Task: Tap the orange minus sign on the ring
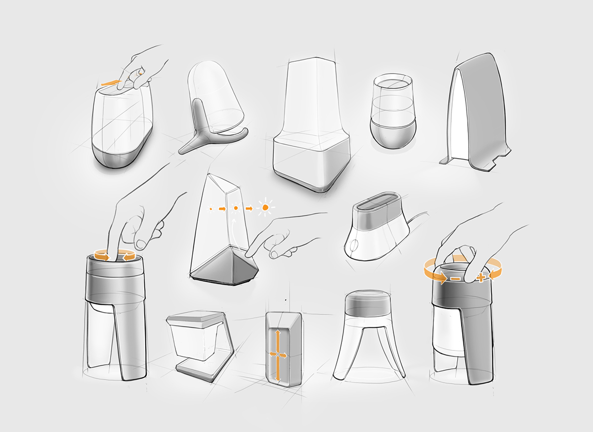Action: coord(454,279)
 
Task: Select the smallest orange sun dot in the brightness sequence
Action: coord(211,209)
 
